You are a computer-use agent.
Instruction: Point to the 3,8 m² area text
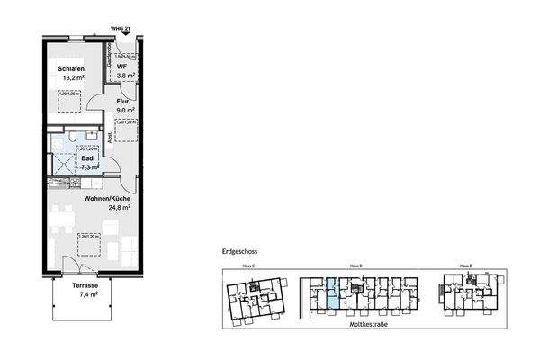[125, 76]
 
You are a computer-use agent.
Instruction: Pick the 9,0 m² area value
[125, 112]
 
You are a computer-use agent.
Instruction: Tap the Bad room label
[86, 157]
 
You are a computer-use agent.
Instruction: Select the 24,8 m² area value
[119, 208]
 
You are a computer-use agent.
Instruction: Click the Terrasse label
[87, 285]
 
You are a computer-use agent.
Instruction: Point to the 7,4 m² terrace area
[87, 295]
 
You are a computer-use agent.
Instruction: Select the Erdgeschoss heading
[239, 253]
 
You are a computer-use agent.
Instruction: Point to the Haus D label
[355, 267]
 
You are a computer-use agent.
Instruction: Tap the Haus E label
[466, 267]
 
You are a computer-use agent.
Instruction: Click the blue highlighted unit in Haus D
[333, 294]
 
